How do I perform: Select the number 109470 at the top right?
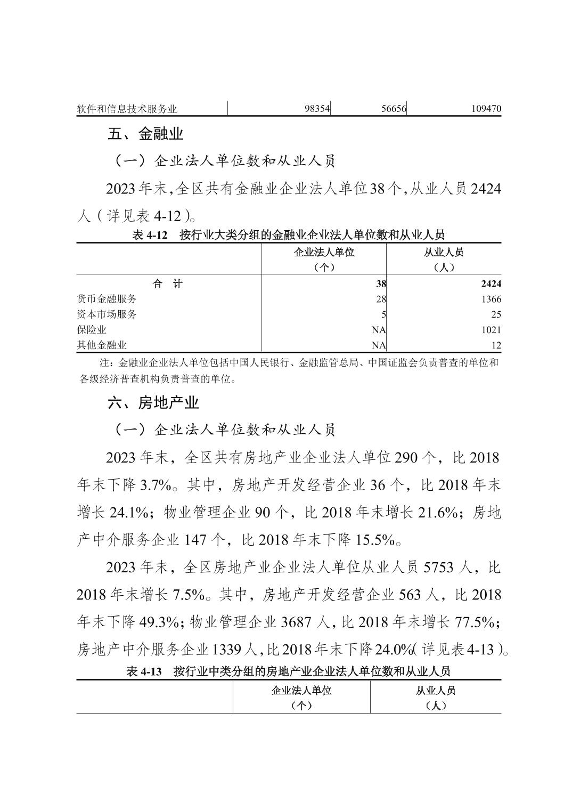pos(486,109)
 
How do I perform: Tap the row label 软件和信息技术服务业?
pos(127,109)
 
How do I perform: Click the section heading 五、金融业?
pos(145,134)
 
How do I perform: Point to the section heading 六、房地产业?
pos(153,403)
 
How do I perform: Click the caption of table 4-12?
pos(288,234)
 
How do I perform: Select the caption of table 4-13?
pos(288,671)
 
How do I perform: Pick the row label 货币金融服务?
pos(107,299)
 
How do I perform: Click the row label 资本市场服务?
pos(107,314)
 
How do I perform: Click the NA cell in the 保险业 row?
pos(379,330)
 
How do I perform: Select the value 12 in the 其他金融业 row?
pos(496,345)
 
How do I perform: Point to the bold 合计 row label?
pos(168,284)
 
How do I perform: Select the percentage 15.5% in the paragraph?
pos(375,540)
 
